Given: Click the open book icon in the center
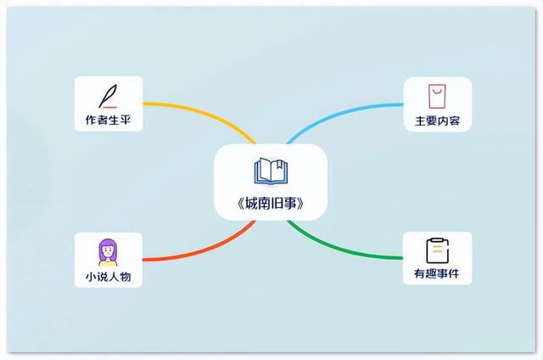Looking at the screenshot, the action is coord(271,171).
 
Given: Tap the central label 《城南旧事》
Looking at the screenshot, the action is coord(271,204).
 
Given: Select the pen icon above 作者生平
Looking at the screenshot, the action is coord(108,93).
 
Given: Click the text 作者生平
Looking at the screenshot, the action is coord(108,121).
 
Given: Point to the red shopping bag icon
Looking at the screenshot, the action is coord(436,93).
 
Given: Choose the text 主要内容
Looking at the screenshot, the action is coord(436,121).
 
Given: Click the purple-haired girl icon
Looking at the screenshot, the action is coord(108,250).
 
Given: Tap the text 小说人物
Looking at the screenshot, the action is coord(108,276).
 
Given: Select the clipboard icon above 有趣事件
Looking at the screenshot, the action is coord(436,250).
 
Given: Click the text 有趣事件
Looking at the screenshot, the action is coord(436,276).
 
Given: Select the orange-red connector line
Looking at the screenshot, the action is coord(195,250).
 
